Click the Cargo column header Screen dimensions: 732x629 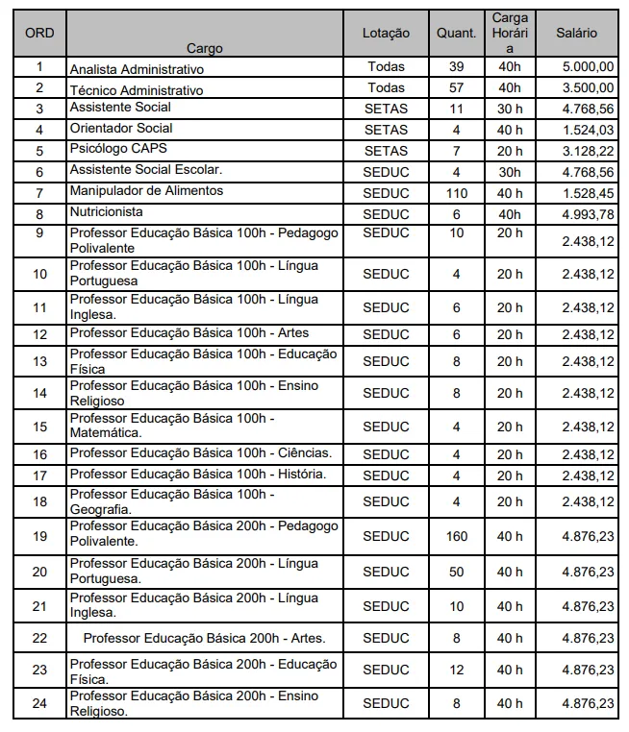coord(205,48)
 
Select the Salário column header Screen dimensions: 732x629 coord(576,33)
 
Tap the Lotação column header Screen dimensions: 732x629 coord(386,33)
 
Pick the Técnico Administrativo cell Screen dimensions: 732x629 coord(137,89)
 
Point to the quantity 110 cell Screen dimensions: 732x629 coord(456,192)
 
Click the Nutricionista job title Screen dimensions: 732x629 coord(106,211)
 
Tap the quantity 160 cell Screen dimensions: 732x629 coord(456,536)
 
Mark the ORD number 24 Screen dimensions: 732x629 coord(39,703)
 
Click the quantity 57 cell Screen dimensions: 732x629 coord(456,87)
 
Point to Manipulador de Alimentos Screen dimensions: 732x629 coord(146,191)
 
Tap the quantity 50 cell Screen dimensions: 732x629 coord(456,572)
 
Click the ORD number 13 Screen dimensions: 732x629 coord(39,361)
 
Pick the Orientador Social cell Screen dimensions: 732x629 coord(121,129)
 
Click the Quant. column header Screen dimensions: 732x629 coord(456,33)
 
